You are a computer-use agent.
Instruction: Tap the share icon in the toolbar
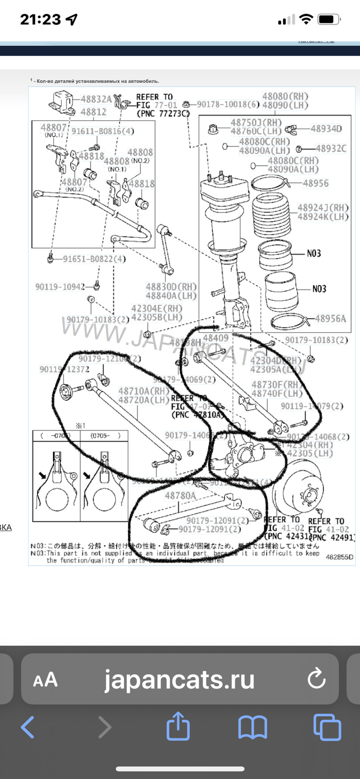[x=178, y=726]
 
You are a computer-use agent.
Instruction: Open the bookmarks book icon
[x=252, y=727]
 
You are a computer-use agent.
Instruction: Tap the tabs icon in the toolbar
[x=327, y=727]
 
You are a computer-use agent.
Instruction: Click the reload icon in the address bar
[x=316, y=678]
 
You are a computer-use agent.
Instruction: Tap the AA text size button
[x=45, y=680]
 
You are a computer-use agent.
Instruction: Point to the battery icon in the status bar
[x=328, y=19]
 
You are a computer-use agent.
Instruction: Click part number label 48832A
[x=96, y=99]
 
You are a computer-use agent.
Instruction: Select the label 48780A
[x=180, y=495]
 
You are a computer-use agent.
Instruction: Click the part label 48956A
[x=330, y=319]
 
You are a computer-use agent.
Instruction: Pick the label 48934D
[x=326, y=129]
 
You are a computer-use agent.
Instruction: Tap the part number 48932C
[x=331, y=149]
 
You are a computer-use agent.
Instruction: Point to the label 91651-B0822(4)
[x=94, y=259]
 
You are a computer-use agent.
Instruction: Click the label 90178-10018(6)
[x=228, y=104]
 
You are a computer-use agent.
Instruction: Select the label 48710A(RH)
[x=143, y=391]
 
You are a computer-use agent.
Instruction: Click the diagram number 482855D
[x=339, y=557]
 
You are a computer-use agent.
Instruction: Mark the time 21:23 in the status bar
[x=41, y=19]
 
